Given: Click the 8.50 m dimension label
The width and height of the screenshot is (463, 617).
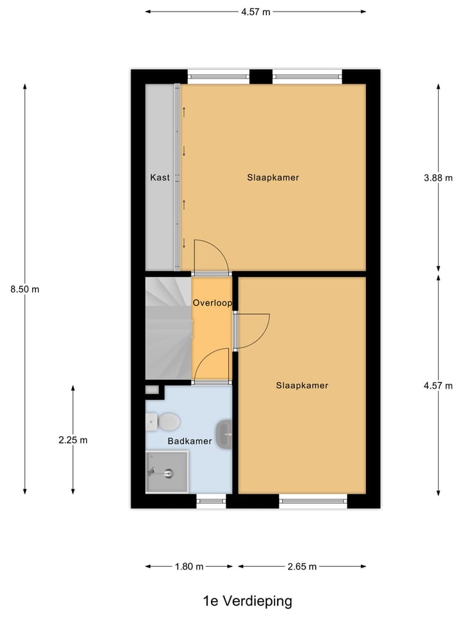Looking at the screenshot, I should pyautogui.click(x=24, y=289).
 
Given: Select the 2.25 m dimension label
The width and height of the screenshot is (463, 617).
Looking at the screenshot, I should pyautogui.click(x=72, y=440).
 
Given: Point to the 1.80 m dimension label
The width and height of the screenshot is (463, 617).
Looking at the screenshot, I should pyautogui.click(x=190, y=567).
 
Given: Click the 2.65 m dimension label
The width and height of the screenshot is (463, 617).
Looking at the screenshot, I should pyautogui.click(x=302, y=567).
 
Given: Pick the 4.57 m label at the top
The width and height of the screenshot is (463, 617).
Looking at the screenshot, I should pyautogui.click(x=255, y=12).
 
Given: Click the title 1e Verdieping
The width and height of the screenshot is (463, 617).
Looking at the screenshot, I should pyautogui.click(x=247, y=602).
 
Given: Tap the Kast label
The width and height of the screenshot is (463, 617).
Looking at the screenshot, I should pyautogui.click(x=159, y=177).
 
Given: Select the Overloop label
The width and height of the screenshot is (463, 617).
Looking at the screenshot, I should pyautogui.click(x=212, y=302).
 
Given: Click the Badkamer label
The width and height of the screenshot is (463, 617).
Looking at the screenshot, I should pyautogui.click(x=190, y=442).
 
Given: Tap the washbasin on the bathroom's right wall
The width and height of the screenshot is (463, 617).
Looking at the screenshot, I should pyautogui.click(x=225, y=434).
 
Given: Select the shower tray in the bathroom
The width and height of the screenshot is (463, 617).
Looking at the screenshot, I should pyautogui.click(x=167, y=472).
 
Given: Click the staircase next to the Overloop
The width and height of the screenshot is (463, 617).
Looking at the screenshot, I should pyautogui.click(x=168, y=328).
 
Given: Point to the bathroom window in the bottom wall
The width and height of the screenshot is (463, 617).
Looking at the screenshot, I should pyautogui.click(x=211, y=501).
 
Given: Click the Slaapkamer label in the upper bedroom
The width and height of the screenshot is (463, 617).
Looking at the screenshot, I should pyautogui.click(x=273, y=177).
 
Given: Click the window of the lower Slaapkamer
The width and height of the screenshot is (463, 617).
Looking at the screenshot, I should pyautogui.click(x=313, y=501).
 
